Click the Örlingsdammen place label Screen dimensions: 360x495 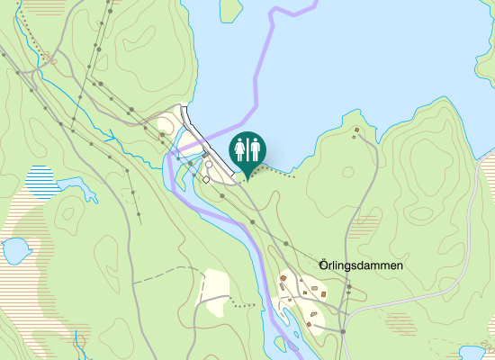(x=361, y=266)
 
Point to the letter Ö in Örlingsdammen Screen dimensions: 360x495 (x=324, y=266)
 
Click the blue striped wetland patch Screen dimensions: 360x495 (x=40, y=181)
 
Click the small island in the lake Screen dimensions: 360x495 (x=231, y=9)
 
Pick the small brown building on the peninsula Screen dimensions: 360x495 (x=357, y=131)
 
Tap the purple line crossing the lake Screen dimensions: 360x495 (x=262, y=63)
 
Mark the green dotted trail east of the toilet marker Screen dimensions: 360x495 (x=274, y=167)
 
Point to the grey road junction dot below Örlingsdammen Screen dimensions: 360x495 (x=343, y=331)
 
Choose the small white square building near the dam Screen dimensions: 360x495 (x=205, y=179)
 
